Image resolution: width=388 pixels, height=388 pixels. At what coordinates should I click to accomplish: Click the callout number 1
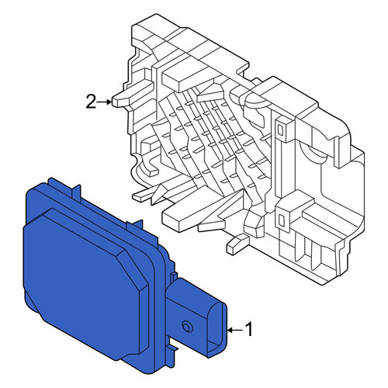point(249,329)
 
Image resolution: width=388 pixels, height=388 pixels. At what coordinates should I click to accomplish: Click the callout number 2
point(91,102)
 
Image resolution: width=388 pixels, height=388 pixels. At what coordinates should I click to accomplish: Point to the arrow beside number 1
point(235,330)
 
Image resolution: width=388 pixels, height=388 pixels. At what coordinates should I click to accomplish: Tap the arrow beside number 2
point(105,102)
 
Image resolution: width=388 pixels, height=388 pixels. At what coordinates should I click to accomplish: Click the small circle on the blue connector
point(186,327)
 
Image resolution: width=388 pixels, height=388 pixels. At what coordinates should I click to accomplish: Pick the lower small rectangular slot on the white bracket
point(280,220)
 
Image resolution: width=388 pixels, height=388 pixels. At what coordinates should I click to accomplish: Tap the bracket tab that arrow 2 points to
point(120,100)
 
